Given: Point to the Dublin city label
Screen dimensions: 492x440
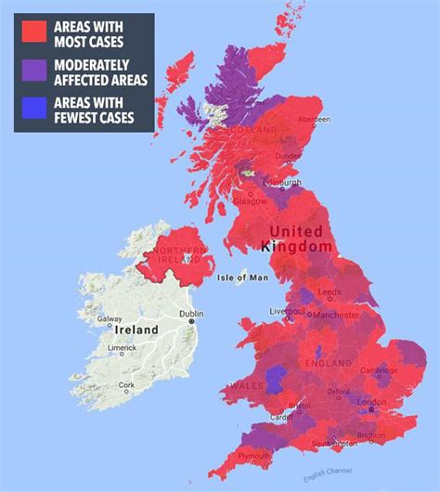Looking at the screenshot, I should click(191, 314).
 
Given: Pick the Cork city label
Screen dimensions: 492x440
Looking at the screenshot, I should click(125, 384).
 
